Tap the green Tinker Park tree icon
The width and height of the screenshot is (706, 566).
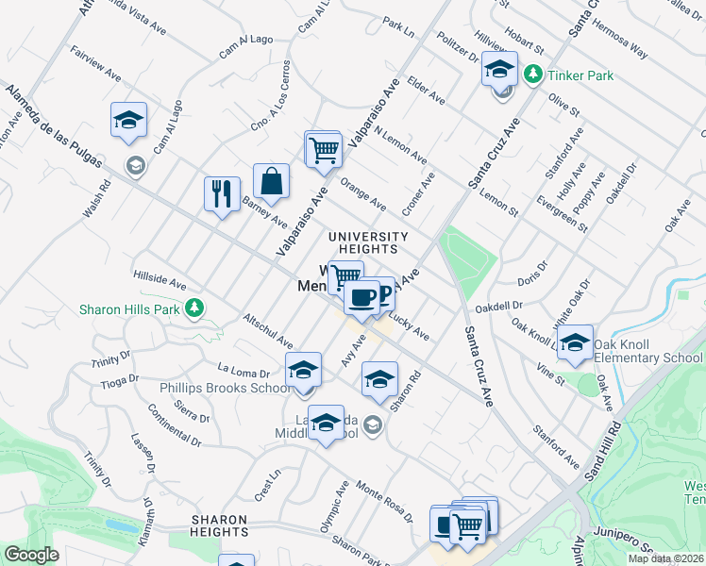point(534,74)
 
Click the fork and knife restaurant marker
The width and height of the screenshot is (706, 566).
point(222,194)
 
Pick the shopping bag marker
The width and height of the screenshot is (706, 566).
point(271,183)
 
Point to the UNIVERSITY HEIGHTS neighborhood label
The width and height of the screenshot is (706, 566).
point(368,242)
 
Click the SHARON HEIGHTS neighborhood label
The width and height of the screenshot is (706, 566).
point(220,525)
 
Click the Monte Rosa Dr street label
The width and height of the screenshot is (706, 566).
point(384,501)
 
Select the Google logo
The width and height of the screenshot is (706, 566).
point(31,555)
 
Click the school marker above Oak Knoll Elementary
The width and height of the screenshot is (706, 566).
point(575,344)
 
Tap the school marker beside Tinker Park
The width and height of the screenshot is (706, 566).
point(499,69)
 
